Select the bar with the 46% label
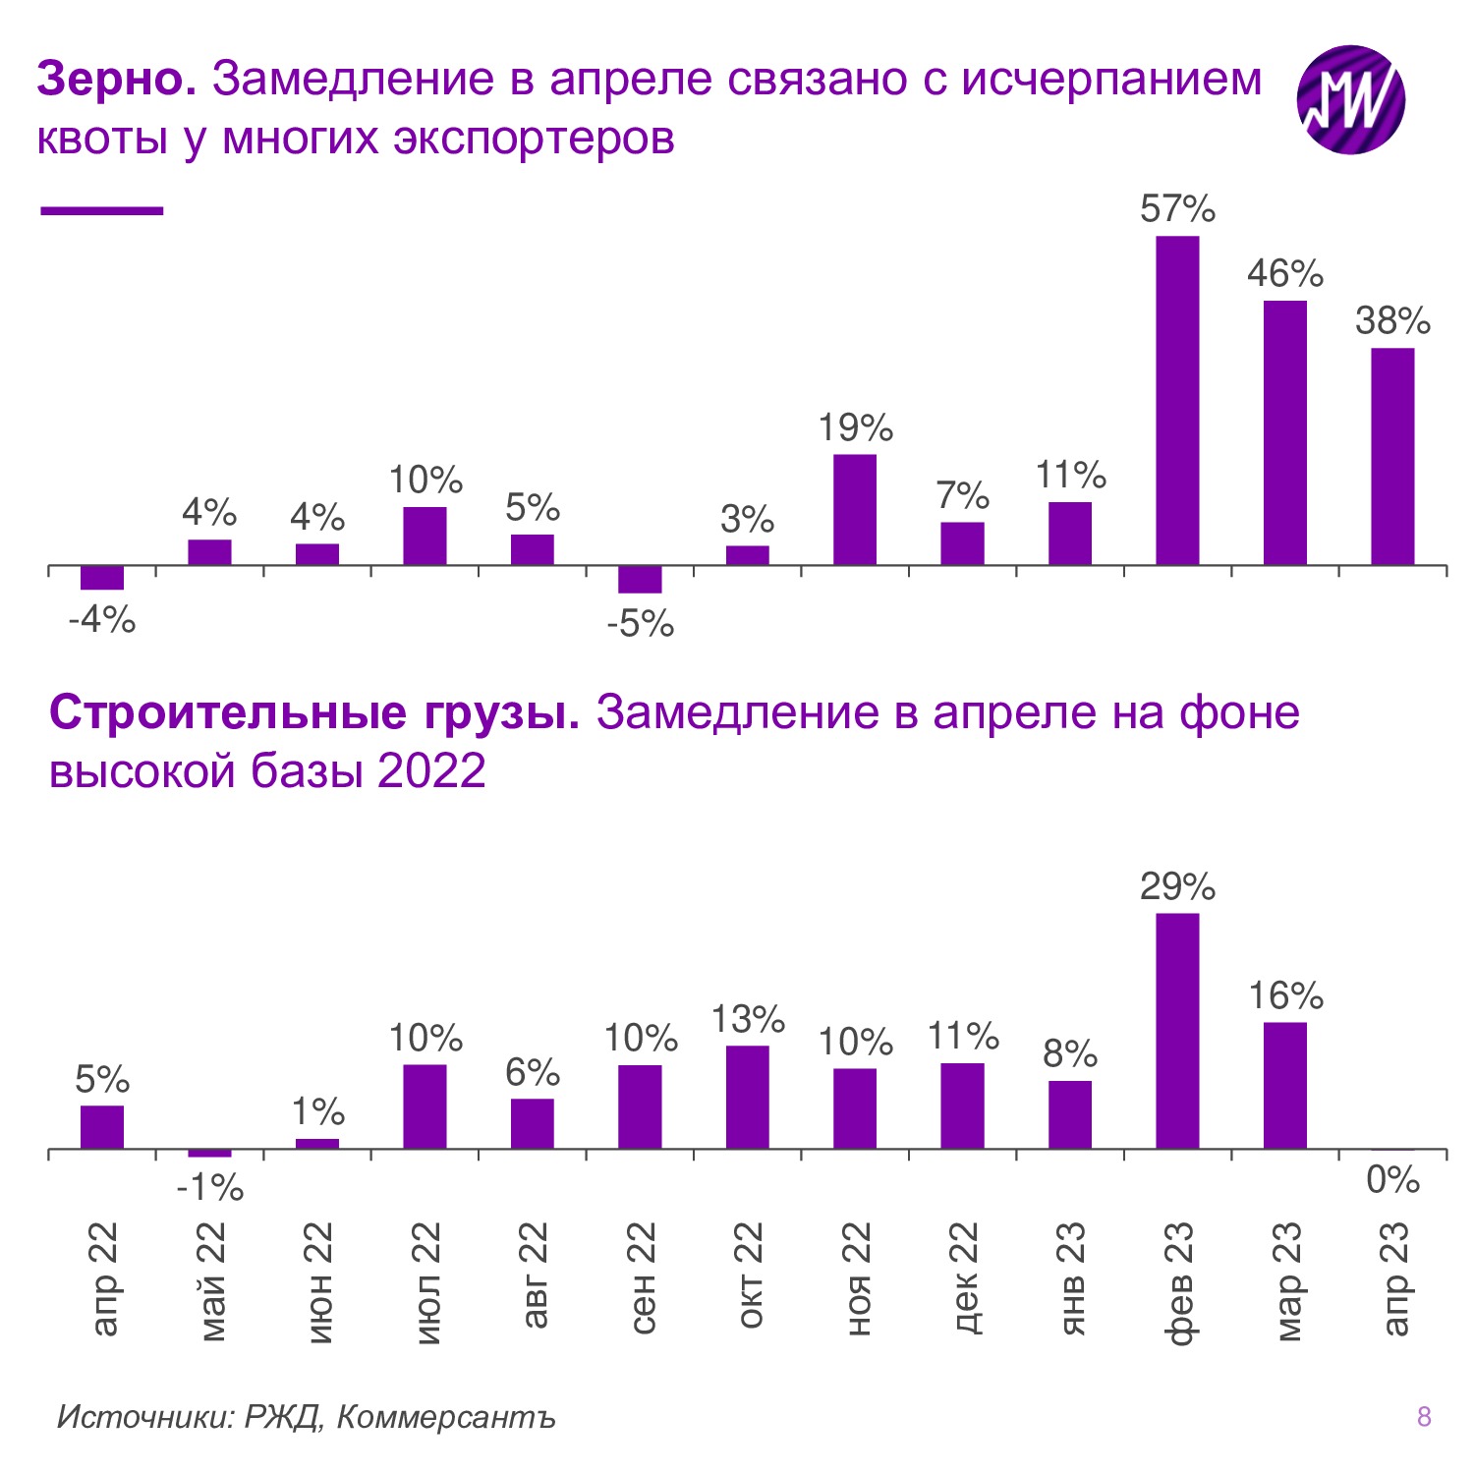(x=1284, y=432)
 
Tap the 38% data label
(x=1392, y=321)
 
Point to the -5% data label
(x=641, y=624)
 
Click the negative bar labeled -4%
(x=102, y=578)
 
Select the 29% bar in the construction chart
(x=1177, y=1031)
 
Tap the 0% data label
(x=1392, y=1179)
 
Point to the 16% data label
(x=1285, y=996)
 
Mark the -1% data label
(x=209, y=1189)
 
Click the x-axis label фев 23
(x=1178, y=1281)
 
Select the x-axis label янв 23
(x=1071, y=1277)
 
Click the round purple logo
(x=1351, y=99)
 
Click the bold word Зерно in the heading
(x=116, y=79)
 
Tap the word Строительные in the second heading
(x=227, y=712)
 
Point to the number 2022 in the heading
(x=431, y=770)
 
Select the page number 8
(x=1424, y=1416)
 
